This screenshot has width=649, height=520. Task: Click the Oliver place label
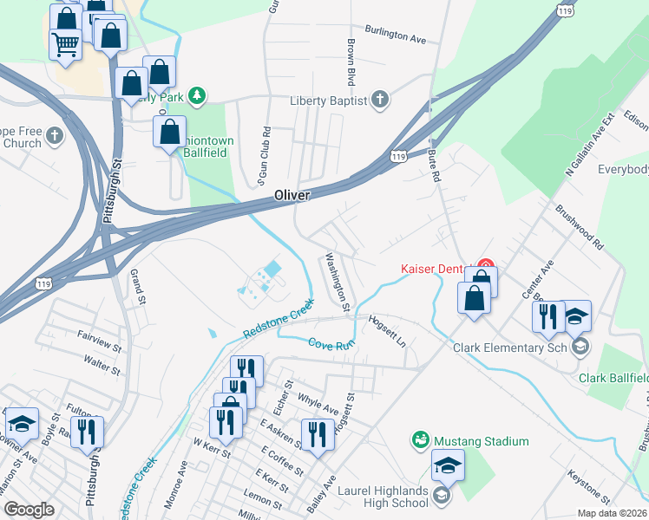click(x=292, y=196)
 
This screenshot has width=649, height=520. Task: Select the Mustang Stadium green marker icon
click(x=421, y=441)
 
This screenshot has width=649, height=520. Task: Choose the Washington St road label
click(x=337, y=282)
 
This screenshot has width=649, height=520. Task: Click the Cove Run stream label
click(x=333, y=343)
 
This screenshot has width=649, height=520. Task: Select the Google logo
click(x=28, y=509)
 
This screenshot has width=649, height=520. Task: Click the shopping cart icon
click(x=67, y=44)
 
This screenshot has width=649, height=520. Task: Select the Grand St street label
click(x=137, y=287)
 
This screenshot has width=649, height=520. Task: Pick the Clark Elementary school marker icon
click(x=580, y=348)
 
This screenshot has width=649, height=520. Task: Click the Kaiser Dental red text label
click(x=434, y=268)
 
